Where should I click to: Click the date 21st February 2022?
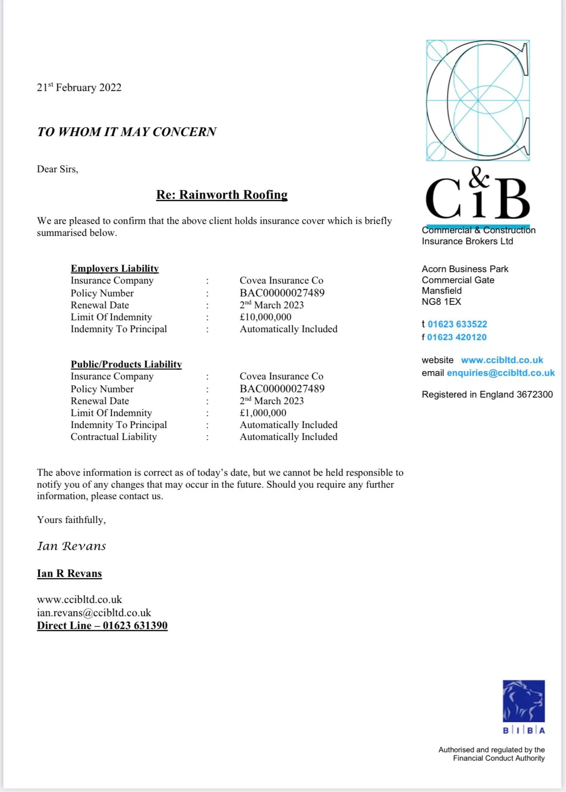click(79, 87)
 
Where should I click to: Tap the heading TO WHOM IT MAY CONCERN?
click(127, 132)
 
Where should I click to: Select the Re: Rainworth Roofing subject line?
click(222, 195)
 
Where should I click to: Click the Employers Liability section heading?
click(115, 269)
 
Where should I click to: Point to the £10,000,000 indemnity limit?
click(265, 317)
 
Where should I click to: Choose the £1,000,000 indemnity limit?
click(263, 413)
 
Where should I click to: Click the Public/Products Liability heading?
click(126, 364)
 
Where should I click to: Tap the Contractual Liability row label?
click(113, 437)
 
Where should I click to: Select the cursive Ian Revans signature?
click(72, 546)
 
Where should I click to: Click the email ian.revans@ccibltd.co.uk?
click(94, 613)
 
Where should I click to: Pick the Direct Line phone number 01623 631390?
click(135, 625)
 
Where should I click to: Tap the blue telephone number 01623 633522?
click(457, 324)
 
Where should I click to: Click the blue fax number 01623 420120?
click(457, 337)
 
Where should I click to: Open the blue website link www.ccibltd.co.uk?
click(502, 360)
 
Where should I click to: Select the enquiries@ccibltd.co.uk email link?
click(501, 373)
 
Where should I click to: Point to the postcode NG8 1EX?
click(441, 302)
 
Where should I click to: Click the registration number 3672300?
click(535, 394)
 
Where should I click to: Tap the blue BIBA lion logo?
click(524, 701)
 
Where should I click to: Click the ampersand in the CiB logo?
click(479, 178)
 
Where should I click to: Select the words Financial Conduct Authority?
click(498, 758)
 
